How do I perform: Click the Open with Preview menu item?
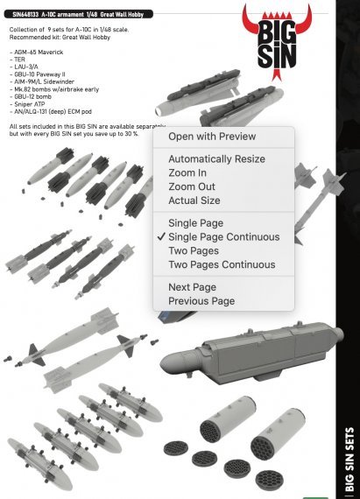point(212,137)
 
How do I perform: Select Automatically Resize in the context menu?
point(216,159)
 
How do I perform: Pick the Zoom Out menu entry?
point(191,187)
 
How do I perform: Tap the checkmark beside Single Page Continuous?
point(160,237)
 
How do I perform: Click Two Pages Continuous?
point(222,264)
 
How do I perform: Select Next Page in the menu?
point(192,287)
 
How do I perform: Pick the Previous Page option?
point(201,301)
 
